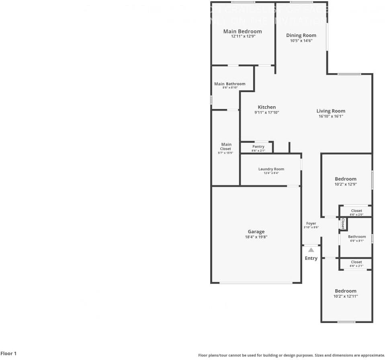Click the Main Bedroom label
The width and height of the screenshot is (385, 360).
242,31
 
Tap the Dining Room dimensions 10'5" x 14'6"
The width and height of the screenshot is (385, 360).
301,41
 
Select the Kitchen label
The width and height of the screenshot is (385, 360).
267,107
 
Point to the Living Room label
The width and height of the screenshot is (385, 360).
331,111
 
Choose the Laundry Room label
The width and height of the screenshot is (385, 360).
271,169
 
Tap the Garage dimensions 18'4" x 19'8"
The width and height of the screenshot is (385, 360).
256,237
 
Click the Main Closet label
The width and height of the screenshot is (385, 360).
226,146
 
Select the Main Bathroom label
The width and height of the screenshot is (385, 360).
229,84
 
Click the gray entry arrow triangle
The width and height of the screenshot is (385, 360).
311,250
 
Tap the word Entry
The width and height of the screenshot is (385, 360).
311,258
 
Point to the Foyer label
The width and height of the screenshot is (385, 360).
311,223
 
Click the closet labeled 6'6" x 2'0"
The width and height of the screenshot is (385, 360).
356,212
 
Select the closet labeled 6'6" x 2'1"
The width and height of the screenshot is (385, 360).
356,263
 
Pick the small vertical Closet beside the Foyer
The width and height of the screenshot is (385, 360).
343,224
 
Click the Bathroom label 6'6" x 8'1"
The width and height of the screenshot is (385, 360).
357,238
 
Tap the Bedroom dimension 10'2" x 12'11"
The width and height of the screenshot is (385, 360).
346,296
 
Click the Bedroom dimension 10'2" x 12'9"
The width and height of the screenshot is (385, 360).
346,184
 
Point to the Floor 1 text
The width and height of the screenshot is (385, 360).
8,354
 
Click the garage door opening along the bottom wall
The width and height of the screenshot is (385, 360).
256,283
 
